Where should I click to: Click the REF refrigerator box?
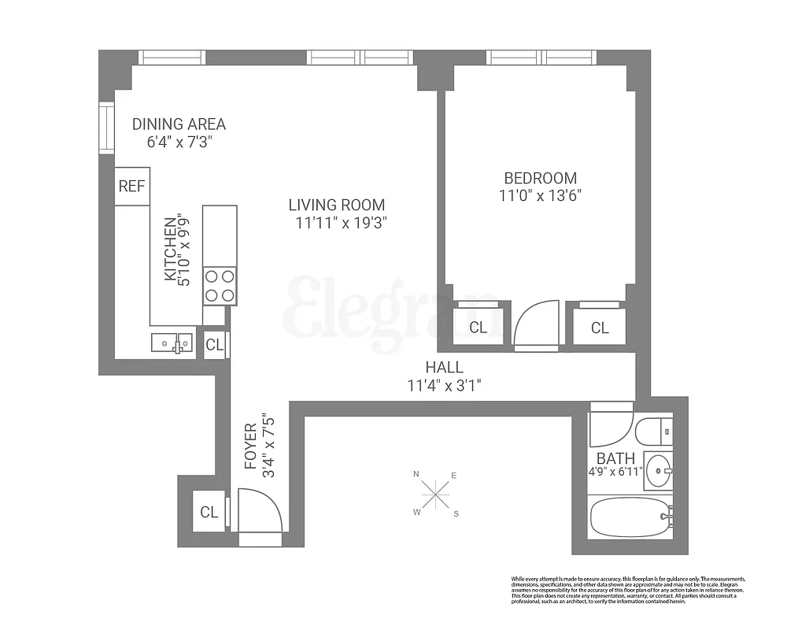(x=132, y=187)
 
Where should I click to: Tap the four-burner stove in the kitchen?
(x=220, y=286)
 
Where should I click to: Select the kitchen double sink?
(x=172, y=342)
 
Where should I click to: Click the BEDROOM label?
(x=541, y=178)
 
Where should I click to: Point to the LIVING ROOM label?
(x=337, y=206)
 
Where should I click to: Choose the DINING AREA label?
(x=179, y=124)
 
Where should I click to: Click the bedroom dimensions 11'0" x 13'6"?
(x=541, y=196)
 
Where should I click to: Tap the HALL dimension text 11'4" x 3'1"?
(x=444, y=386)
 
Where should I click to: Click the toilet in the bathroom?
(x=652, y=432)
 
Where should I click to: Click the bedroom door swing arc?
(x=537, y=324)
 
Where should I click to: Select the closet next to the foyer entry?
(x=209, y=513)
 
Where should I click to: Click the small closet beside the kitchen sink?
(x=215, y=344)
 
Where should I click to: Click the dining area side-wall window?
(x=105, y=128)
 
